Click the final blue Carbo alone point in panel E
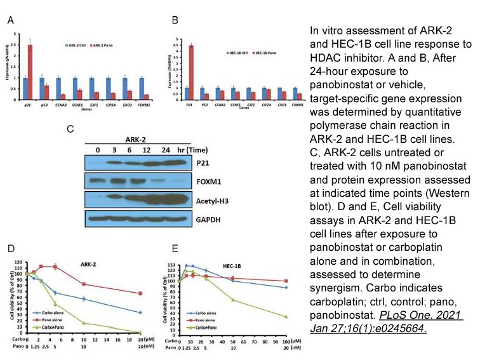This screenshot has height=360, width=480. pyautogui.click(x=286, y=288)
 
